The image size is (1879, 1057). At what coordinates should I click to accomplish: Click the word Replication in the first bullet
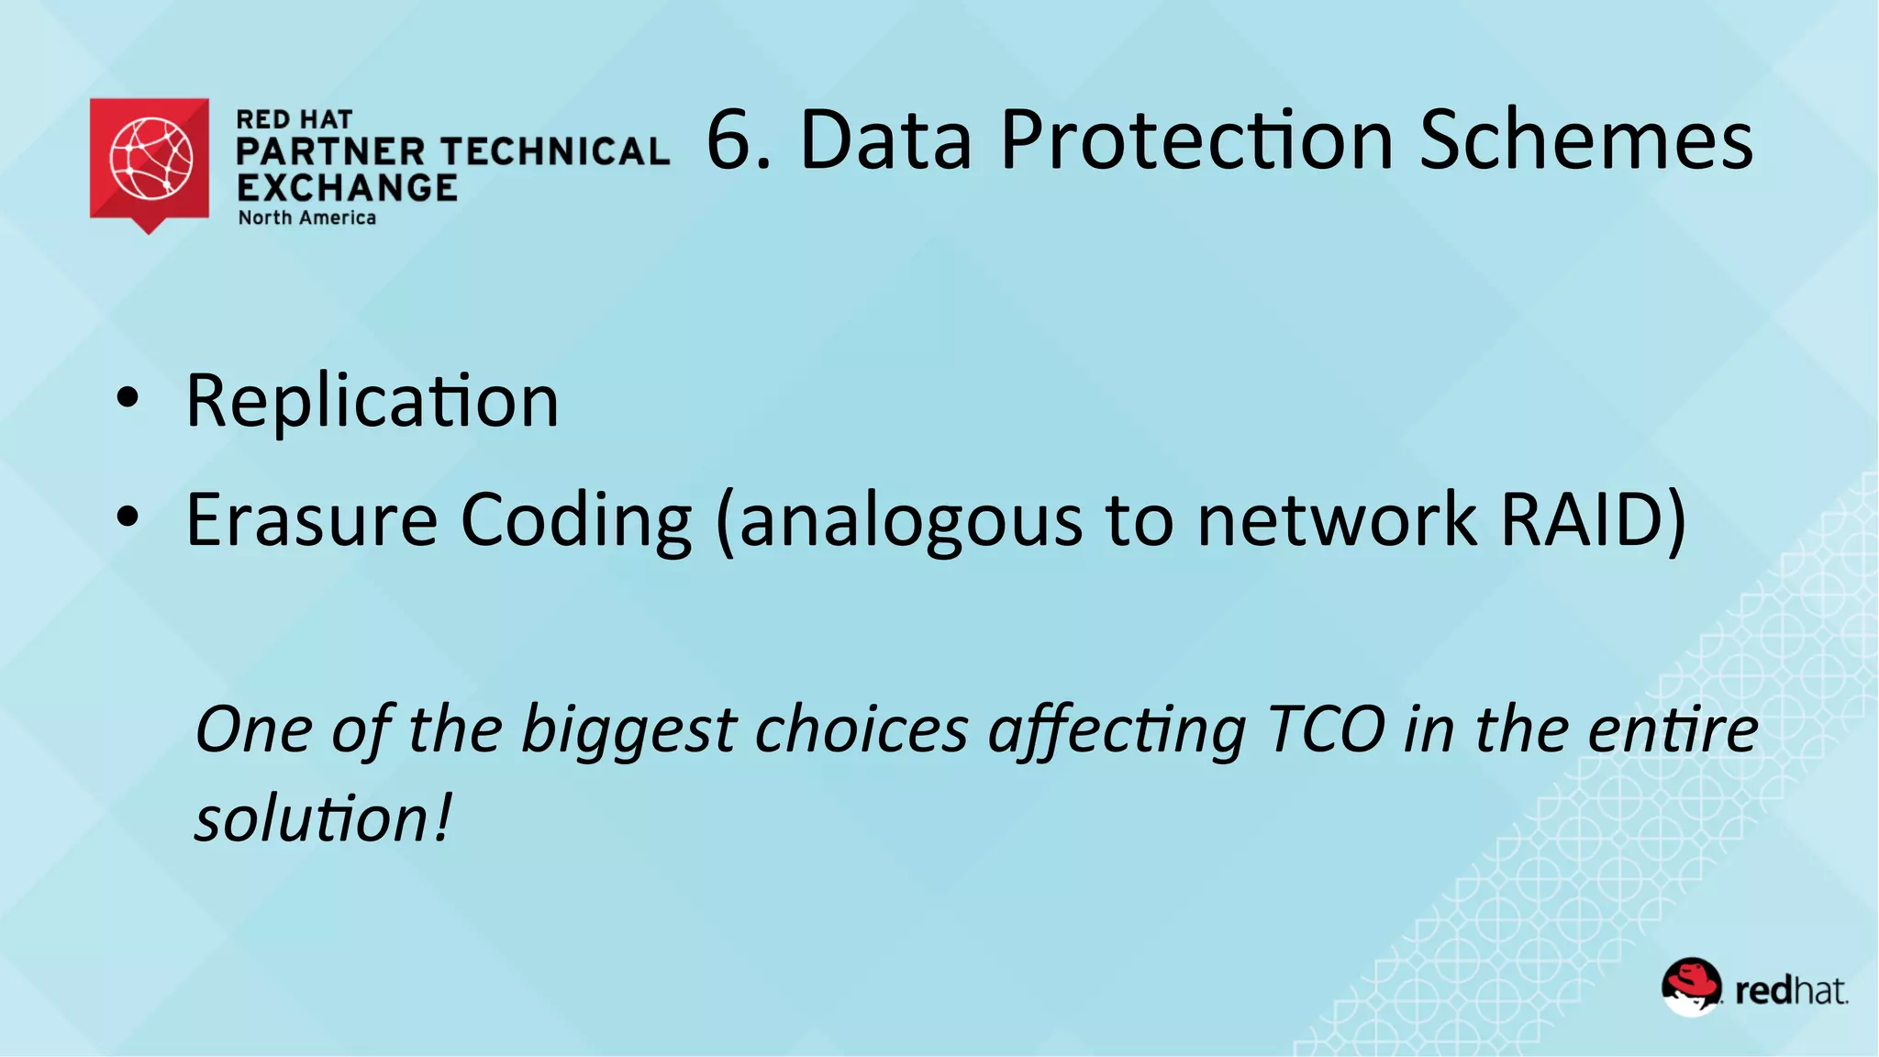[372, 402]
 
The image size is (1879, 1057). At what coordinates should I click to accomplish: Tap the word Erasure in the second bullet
[312, 520]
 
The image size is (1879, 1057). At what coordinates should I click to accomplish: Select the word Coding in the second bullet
[575, 520]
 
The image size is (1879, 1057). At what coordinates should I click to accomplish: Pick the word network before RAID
[1337, 520]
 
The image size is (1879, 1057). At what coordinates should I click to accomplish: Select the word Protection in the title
[1197, 139]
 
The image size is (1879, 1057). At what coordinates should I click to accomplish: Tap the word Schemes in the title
[1586, 139]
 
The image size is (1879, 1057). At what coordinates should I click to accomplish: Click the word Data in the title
[885, 139]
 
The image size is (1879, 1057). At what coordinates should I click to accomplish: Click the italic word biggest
[628, 732]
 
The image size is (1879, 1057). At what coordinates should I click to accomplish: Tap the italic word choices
[862, 730]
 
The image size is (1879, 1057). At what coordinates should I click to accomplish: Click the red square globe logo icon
[150, 160]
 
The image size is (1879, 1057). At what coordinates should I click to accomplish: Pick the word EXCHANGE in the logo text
[347, 188]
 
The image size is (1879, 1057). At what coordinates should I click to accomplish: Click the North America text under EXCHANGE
[307, 218]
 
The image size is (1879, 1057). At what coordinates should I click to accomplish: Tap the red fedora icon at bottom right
[1691, 986]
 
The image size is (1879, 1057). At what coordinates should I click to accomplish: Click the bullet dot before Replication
[128, 398]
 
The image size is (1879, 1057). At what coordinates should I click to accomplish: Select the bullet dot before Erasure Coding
[128, 517]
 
